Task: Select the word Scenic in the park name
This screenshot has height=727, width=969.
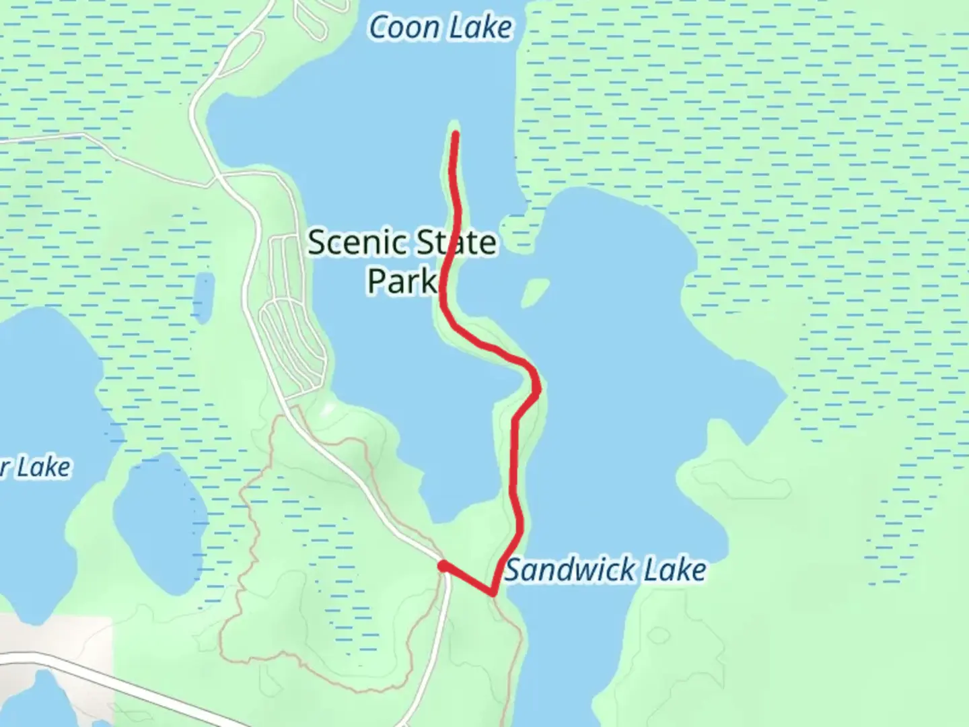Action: coord(355,242)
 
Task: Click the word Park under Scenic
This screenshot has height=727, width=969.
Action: coord(402,280)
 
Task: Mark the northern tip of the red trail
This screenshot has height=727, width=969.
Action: coord(456,135)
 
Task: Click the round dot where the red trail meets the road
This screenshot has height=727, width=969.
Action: coord(443,566)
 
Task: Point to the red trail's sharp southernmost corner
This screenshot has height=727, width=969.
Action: coord(493,593)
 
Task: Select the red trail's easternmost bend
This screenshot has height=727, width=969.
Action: coord(537,387)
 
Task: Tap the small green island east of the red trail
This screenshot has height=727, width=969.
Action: coord(534,292)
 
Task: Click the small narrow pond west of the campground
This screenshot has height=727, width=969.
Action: coord(203,296)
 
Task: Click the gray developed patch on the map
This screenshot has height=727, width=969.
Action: coord(54,639)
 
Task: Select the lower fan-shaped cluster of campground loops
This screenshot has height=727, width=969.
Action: coord(293,347)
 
